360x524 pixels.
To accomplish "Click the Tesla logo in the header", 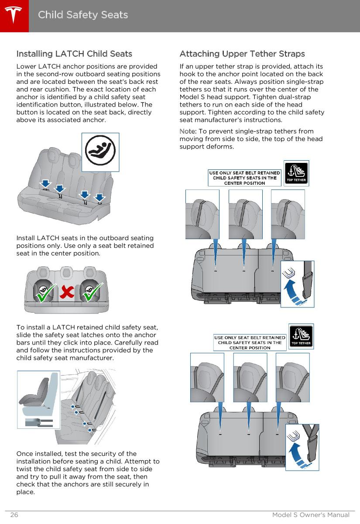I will pyautogui.click(x=14, y=15).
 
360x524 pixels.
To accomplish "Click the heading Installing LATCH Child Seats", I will pyautogui.click(x=74, y=54).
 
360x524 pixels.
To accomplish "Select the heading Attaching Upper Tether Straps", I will pyautogui.click(x=242, y=54).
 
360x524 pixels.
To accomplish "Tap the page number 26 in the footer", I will pyautogui.click(x=14, y=515).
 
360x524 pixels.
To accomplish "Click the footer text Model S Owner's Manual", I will pyautogui.click(x=311, y=515).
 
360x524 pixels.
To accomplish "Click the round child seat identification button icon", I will pyautogui.click(x=100, y=152).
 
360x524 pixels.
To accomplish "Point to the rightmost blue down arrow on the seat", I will pyautogui.click(x=100, y=197).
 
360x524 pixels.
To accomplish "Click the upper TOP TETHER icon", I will pyautogui.click(x=296, y=173).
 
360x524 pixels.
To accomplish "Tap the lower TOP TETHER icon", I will pyautogui.click(x=301, y=336).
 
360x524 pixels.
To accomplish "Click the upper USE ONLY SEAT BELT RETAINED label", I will pyautogui.click(x=245, y=178).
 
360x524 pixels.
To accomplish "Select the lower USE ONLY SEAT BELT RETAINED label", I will pyautogui.click(x=250, y=342).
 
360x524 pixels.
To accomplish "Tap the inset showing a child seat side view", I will pyautogui.click(x=38, y=399).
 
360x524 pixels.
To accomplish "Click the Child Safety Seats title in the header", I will pyautogui.click(x=83, y=15).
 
